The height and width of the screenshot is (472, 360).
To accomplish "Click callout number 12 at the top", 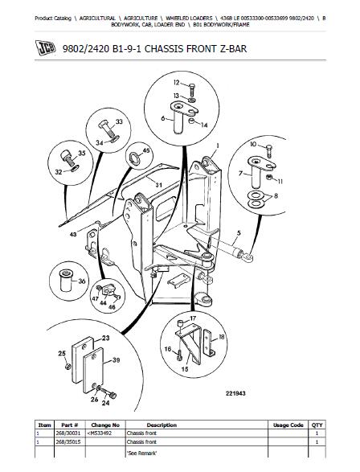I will coord(175,83).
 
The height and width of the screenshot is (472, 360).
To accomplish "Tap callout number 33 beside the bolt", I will coord(119,122).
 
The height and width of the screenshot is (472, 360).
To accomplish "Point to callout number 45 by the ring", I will coord(145,150).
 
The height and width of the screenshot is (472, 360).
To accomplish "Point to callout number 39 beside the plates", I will coord(117,360).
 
